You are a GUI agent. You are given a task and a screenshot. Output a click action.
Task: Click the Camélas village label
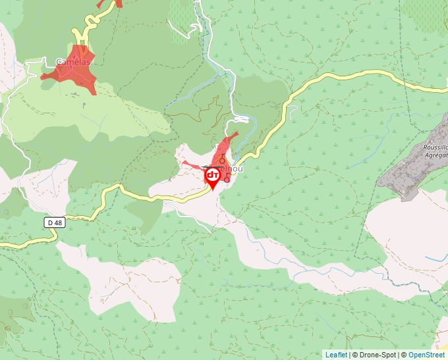72,62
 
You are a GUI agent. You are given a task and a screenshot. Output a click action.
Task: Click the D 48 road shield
55,223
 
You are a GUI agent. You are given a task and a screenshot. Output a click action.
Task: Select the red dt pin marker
212,176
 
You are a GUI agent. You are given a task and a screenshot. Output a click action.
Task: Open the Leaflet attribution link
336,355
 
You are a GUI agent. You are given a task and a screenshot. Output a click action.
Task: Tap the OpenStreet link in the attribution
426,355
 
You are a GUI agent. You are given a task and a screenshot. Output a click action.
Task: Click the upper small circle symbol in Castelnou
223,160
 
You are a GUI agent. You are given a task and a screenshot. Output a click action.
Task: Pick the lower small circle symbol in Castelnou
227,179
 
